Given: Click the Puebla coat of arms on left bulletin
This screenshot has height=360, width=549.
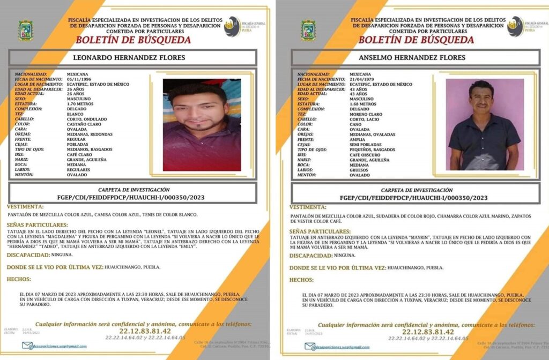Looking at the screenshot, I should coord(26,31).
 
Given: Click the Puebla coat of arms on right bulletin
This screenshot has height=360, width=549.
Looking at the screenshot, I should coord(308,31).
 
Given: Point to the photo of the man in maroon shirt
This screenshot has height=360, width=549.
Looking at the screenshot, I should coord(202,125).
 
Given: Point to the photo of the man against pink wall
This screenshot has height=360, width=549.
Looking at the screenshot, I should coord(484,125).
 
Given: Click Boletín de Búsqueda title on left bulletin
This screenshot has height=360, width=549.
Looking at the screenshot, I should coord(133,40).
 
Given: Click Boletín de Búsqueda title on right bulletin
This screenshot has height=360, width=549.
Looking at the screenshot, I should coord(416,40).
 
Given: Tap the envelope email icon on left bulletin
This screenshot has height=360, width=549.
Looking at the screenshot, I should coord(27,346).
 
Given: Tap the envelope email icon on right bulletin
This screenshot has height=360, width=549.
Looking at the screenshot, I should coord(310,346).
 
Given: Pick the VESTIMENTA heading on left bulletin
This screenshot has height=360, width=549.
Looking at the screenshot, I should coord(24,207).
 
